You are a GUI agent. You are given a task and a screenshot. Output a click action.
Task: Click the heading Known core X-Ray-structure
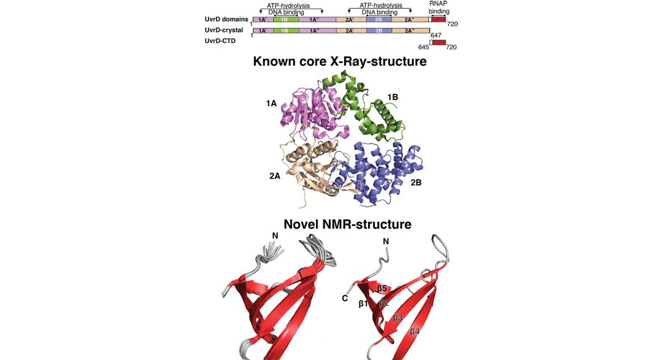coord(340,61)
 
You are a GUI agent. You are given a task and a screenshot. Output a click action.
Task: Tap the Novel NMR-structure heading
coord(347,224)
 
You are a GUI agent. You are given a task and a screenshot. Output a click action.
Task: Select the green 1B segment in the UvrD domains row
coord(286,19)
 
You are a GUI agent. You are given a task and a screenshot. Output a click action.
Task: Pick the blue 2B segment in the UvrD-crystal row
coord(379,31)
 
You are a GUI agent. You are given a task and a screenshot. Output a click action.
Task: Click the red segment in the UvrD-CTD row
coord(439,42)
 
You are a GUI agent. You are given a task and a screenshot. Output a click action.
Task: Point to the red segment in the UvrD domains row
coord(438,19)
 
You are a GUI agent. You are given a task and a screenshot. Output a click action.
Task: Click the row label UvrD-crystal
coord(223,30)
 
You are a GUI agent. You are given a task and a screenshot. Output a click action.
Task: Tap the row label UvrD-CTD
coord(220,41)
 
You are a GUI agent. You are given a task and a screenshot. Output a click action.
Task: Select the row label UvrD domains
coord(226,19)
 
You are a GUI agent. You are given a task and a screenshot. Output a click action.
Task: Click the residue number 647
coord(436,35)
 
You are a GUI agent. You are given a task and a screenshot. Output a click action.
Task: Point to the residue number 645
coord(423,47)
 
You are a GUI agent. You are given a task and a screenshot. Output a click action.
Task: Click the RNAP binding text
coord(439,7)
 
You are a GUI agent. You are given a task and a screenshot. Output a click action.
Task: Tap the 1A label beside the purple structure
coord(271,103)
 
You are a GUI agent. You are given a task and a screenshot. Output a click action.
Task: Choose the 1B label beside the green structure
coord(393,97)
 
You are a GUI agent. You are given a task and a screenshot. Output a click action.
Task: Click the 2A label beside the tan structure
coord(275,176)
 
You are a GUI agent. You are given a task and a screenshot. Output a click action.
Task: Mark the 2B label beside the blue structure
coord(416,183)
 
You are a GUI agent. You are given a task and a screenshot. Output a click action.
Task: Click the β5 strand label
coord(382,289)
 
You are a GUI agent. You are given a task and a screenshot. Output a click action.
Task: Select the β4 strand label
coord(415,331)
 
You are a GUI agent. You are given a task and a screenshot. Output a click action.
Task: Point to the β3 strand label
coord(398,318)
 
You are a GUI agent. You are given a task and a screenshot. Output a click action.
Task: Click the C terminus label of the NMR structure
coord(345,299)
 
